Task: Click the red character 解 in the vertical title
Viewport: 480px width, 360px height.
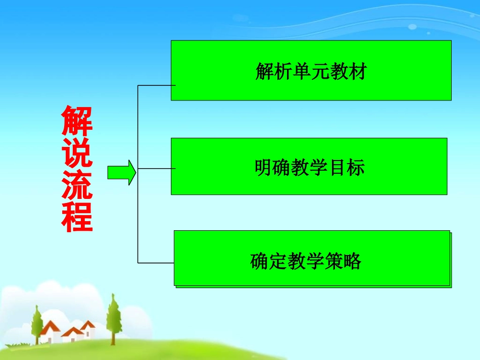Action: pos(77,121)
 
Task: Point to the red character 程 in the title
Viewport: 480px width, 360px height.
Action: pos(77,217)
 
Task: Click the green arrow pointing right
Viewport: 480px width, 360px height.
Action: pos(122,173)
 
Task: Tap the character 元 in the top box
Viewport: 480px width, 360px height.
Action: pos(320,72)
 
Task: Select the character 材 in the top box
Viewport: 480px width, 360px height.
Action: pos(357,72)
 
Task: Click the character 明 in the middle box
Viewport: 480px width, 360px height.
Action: pos(263,167)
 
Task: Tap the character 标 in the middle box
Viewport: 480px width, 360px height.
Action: pos(355,167)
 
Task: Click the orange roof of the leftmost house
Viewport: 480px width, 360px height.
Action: pos(50,327)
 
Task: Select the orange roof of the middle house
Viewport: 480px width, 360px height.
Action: pos(72,332)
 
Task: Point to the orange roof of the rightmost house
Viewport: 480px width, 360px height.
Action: pos(88,325)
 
